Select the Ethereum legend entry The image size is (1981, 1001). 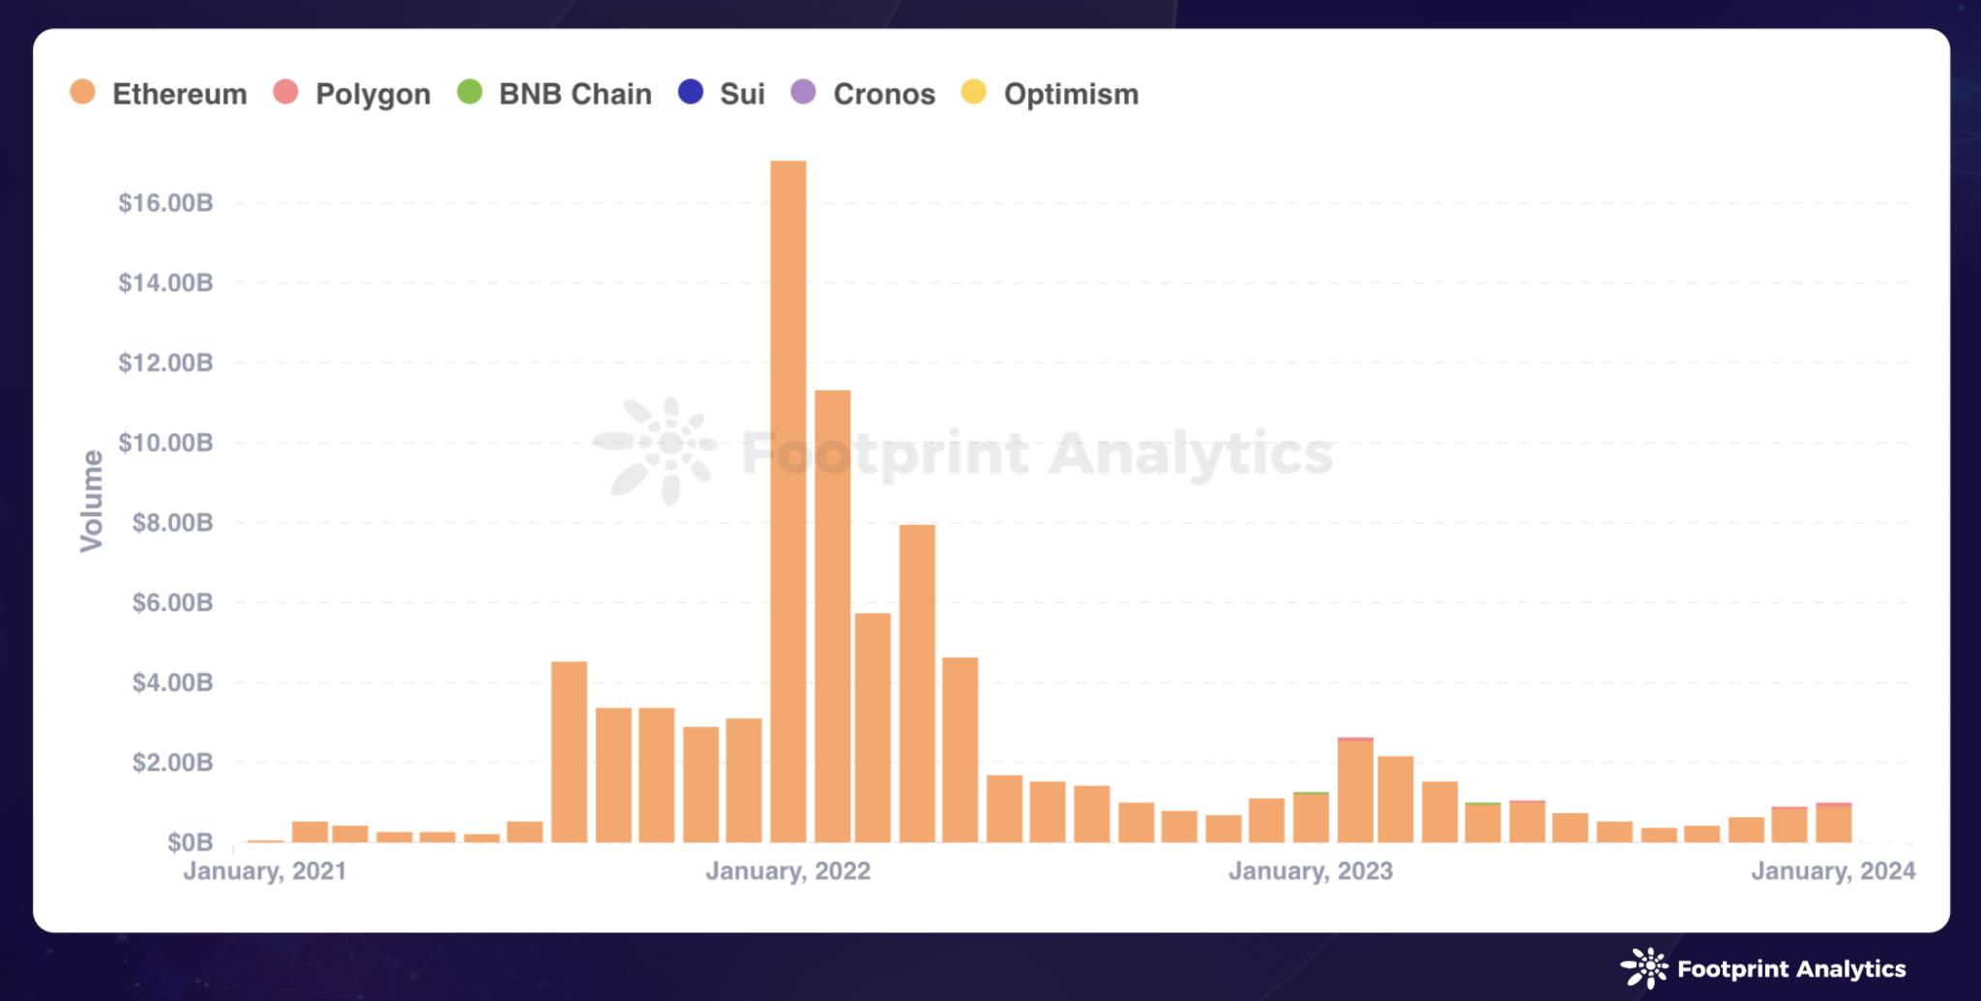tap(160, 94)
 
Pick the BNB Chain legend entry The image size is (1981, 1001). tap(555, 94)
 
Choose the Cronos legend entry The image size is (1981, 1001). tap(864, 94)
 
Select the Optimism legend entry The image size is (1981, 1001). tap(1051, 94)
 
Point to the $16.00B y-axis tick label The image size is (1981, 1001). tap(165, 203)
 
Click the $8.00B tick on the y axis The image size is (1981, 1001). tap(165, 523)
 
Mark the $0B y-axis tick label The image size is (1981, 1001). tap(190, 843)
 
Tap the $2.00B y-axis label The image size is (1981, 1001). tap(165, 763)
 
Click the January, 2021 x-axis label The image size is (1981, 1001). tap(265, 871)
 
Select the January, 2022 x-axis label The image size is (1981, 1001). tap(788, 871)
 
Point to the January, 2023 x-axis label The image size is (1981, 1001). tap(1311, 871)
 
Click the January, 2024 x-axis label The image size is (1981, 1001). tap(1833, 871)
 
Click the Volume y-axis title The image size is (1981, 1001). tap(92, 501)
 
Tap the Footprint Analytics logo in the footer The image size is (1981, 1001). tap(1762, 968)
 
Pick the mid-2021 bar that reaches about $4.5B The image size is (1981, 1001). tap(569, 751)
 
